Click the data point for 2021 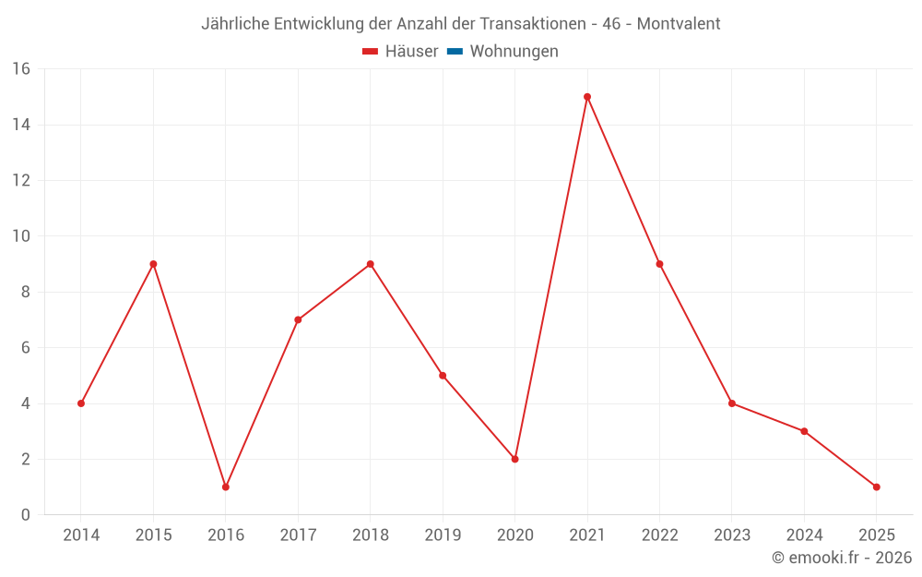click(587, 97)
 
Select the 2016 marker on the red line click(226, 487)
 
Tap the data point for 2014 click(81, 403)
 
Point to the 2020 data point click(514, 459)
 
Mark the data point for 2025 click(877, 487)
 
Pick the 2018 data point click(371, 264)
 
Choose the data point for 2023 click(732, 403)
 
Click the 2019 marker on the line click(443, 376)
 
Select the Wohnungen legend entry click(514, 52)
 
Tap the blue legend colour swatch click(455, 52)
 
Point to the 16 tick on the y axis click(20, 69)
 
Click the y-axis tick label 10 click(20, 236)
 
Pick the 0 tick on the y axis click(25, 515)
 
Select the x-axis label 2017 click(298, 535)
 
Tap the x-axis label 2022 click(659, 535)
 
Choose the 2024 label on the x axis click(804, 535)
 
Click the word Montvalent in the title click(679, 24)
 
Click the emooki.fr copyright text click(842, 558)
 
